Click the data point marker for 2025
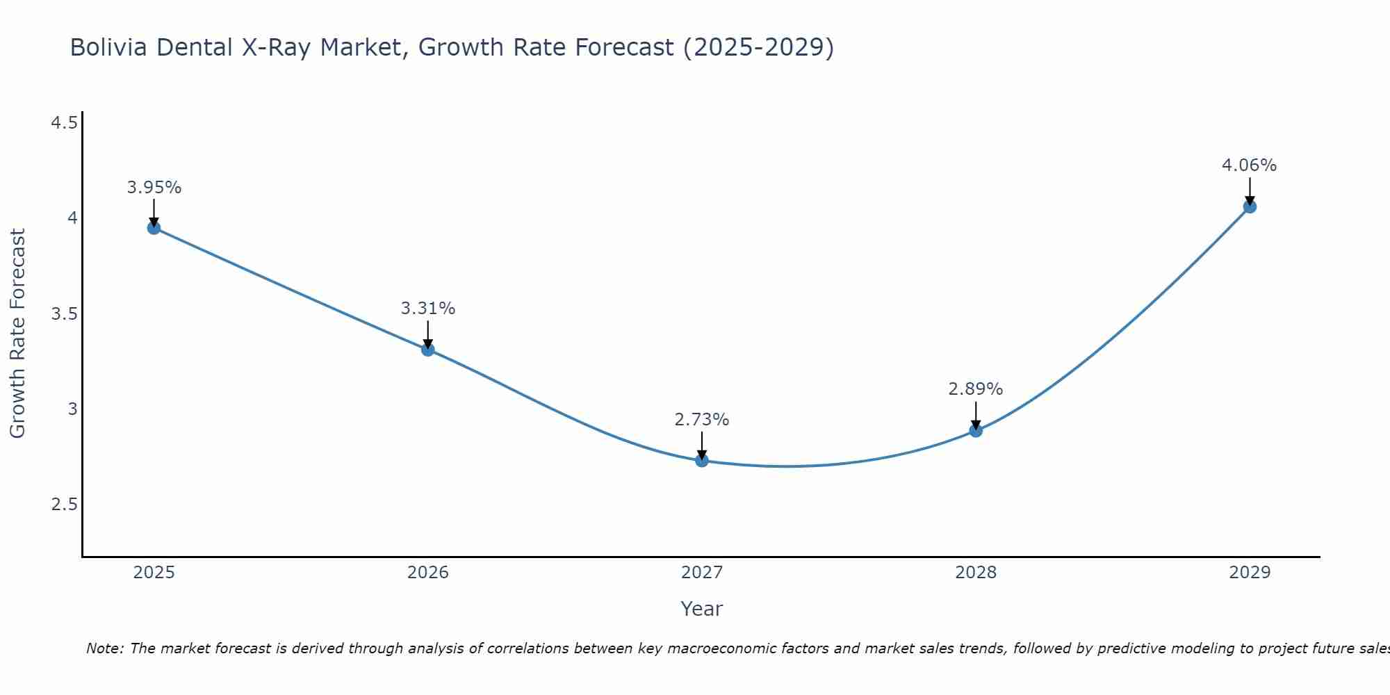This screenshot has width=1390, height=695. tap(154, 228)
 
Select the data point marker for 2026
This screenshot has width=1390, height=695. tap(428, 350)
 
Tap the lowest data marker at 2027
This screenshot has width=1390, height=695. tap(702, 460)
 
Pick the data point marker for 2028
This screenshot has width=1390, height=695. tap(976, 430)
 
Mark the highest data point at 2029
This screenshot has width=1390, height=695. tap(1250, 206)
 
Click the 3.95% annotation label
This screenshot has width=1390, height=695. tap(154, 188)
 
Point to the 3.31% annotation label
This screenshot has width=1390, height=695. tap(428, 309)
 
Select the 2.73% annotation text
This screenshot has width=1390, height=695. tap(702, 420)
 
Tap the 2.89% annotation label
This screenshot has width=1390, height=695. tap(976, 389)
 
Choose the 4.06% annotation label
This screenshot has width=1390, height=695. tap(1250, 165)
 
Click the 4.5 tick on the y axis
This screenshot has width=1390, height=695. tap(64, 123)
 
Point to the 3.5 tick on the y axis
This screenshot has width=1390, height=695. tap(64, 314)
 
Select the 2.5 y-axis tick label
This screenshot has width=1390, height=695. tap(64, 505)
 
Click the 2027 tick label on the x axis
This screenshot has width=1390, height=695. tap(702, 573)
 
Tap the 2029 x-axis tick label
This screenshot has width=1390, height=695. tap(1250, 573)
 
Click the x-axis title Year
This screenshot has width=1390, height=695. tap(702, 609)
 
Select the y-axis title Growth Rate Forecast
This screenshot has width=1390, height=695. tap(18, 334)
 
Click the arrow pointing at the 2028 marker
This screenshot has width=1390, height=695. tap(976, 415)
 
